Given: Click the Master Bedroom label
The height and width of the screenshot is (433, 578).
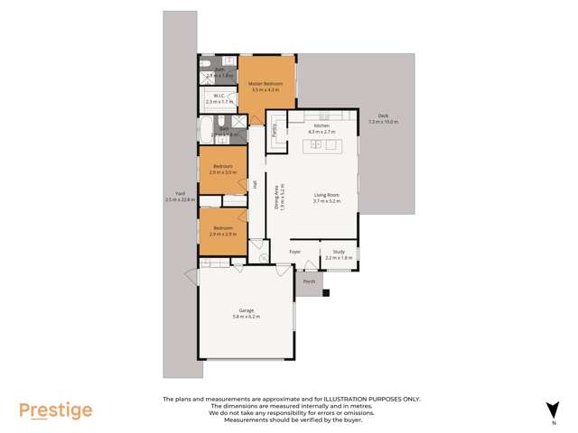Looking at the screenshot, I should coord(266,84).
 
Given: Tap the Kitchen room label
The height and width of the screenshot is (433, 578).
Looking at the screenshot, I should coord(322,125).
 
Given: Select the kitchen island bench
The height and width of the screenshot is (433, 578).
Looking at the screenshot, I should coord(322,144).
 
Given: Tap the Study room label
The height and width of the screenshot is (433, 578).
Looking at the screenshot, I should coord(339,252).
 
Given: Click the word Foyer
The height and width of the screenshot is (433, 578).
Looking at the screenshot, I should coord(294,252).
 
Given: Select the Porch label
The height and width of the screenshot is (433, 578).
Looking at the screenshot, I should coord(309,281).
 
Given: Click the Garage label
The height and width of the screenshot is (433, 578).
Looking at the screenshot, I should coord(246,310).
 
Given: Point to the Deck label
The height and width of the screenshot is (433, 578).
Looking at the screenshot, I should coord(383,115).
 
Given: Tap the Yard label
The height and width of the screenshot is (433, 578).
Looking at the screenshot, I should coord(180,193).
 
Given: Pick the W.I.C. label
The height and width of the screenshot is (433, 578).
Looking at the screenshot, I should coord(219,96).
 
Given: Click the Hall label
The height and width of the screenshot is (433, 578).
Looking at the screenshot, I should coord(256,184).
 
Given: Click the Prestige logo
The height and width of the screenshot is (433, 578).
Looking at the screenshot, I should coord(56,410).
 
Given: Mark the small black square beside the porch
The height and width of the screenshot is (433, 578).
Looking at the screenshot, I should coord(326,292).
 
